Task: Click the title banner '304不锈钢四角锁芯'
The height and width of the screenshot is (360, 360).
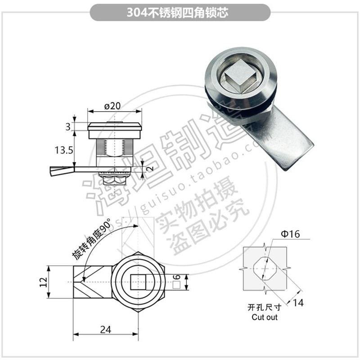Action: pos(180,12)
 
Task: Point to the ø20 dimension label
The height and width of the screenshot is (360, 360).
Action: pos(112,106)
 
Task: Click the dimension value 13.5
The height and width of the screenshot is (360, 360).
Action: pos(64,150)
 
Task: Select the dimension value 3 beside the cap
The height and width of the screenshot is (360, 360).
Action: pos(68,127)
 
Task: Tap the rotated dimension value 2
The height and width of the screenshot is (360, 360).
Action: pos(149,169)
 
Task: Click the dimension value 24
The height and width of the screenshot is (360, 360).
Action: pos(105,329)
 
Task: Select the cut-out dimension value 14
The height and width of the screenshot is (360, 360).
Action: pos(297,302)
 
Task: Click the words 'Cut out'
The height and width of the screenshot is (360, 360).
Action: pos(265,317)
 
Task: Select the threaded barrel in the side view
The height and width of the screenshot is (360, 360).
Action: pos(115,146)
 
